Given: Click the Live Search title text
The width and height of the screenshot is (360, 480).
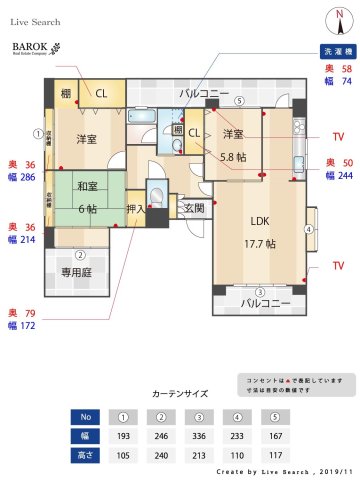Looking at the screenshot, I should pyautogui.click(x=36, y=21).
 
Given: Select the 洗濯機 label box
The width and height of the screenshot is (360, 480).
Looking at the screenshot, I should pyautogui.click(x=333, y=50).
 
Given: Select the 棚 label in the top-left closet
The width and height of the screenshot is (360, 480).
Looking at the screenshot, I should pyautogui.click(x=66, y=93).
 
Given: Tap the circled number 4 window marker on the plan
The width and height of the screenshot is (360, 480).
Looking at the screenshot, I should pyautogui.click(x=309, y=229).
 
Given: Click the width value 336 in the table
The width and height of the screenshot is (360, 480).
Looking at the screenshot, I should pyautogui.click(x=199, y=436).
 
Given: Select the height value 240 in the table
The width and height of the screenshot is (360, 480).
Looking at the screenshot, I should pyautogui.click(x=160, y=455).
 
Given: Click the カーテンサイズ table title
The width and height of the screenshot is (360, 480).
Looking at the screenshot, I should pyautogui.click(x=180, y=393).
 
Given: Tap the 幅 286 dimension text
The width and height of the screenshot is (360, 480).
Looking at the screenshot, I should pyautogui.click(x=19, y=175).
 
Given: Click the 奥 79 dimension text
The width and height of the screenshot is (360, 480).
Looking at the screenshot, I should pyautogui.click(x=19, y=312).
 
